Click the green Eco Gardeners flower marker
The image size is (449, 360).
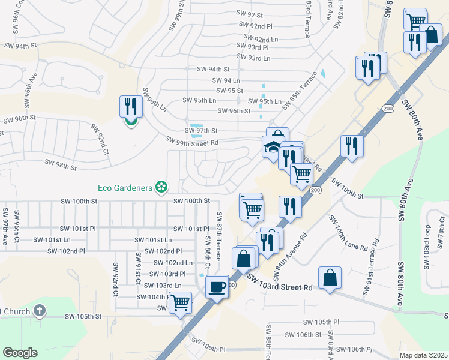click(x=160, y=188)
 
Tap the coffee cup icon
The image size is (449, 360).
click(x=217, y=286)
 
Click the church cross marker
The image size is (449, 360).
click(x=40, y=310)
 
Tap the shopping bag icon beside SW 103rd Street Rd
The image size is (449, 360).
click(x=330, y=278)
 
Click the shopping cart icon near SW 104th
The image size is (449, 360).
click(x=180, y=303)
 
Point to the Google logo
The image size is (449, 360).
click(x=20, y=353)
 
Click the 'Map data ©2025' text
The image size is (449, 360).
click(x=423, y=355)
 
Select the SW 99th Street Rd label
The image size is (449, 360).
click(x=192, y=141)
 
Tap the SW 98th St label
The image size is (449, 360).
click(x=61, y=164)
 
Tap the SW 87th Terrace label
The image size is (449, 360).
click(x=219, y=236)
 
